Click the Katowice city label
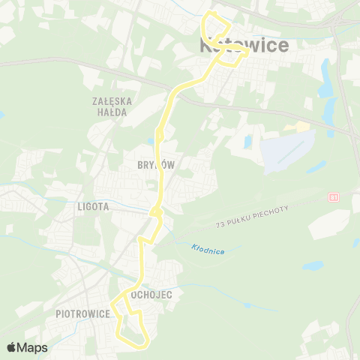[244, 46]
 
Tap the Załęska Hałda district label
[111, 106]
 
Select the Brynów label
[155, 166]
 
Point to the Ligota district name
[93, 205]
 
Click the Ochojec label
[151, 295]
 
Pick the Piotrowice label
[82, 314]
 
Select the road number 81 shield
[333, 197]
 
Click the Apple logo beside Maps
[11, 347]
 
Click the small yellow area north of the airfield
[301, 127]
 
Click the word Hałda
[111, 112]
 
